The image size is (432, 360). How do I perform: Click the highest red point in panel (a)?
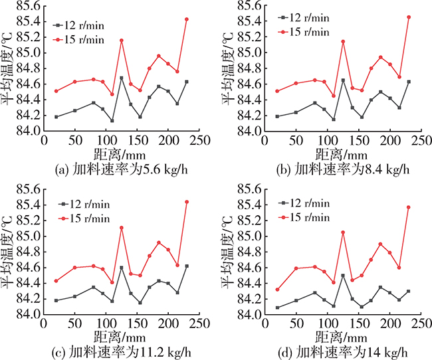[187, 19]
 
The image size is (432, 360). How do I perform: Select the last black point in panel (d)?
[408, 291]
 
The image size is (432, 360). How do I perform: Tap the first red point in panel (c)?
[56, 281]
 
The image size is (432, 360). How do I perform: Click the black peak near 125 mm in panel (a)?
[122, 78]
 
